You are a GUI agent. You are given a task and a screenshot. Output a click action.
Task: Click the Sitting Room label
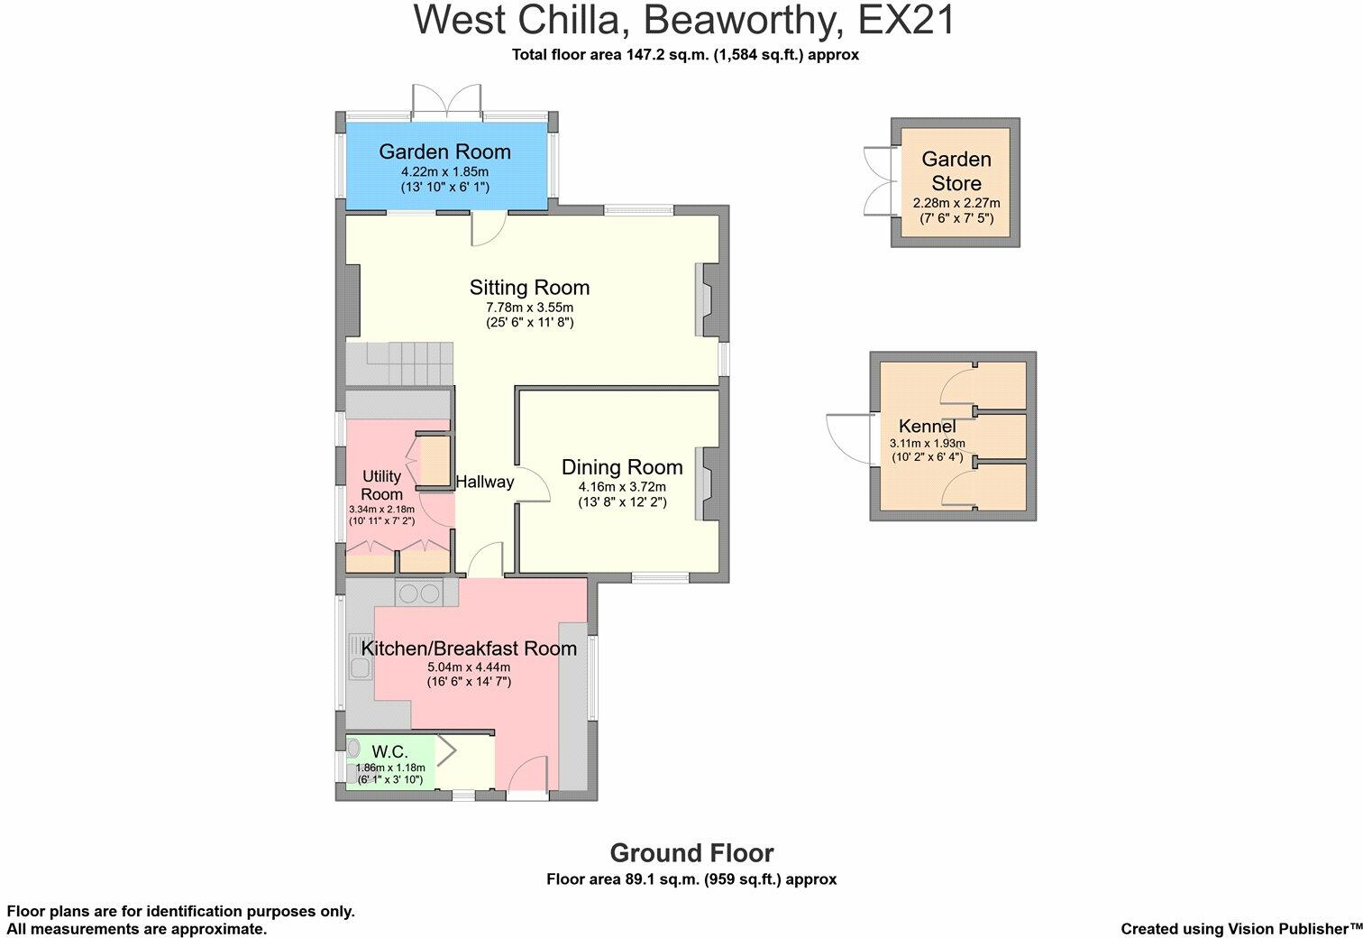pyautogui.click(x=529, y=288)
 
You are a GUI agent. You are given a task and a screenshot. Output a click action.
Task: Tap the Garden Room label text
pyautogui.click(x=444, y=152)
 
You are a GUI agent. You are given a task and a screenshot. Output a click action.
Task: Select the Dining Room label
pyautogui.click(x=622, y=467)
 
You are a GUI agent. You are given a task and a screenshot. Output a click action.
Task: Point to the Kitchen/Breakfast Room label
pyautogui.click(x=469, y=648)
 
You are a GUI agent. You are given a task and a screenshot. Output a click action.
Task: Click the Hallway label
pyautogui.click(x=484, y=483)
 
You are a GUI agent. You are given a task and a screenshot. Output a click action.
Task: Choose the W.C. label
pyautogui.click(x=389, y=751)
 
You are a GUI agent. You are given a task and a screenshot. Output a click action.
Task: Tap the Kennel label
pyautogui.click(x=927, y=426)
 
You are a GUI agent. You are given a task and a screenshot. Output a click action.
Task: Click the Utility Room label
pyautogui.click(x=381, y=484)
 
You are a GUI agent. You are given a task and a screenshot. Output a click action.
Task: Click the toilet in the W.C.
pyautogui.click(x=353, y=748)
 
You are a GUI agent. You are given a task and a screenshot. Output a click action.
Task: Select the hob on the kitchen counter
pyautogui.click(x=419, y=593)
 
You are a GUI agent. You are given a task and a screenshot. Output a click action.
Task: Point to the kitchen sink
pyautogui.click(x=359, y=668)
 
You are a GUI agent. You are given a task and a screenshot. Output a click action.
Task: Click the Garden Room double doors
pyautogui.click(x=446, y=102)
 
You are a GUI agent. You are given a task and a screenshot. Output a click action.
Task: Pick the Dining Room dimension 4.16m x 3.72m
pyautogui.click(x=622, y=487)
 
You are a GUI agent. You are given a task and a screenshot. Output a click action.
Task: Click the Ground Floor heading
pyautogui.click(x=691, y=853)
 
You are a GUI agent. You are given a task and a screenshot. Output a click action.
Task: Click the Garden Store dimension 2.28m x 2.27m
pyautogui.click(x=956, y=203)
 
